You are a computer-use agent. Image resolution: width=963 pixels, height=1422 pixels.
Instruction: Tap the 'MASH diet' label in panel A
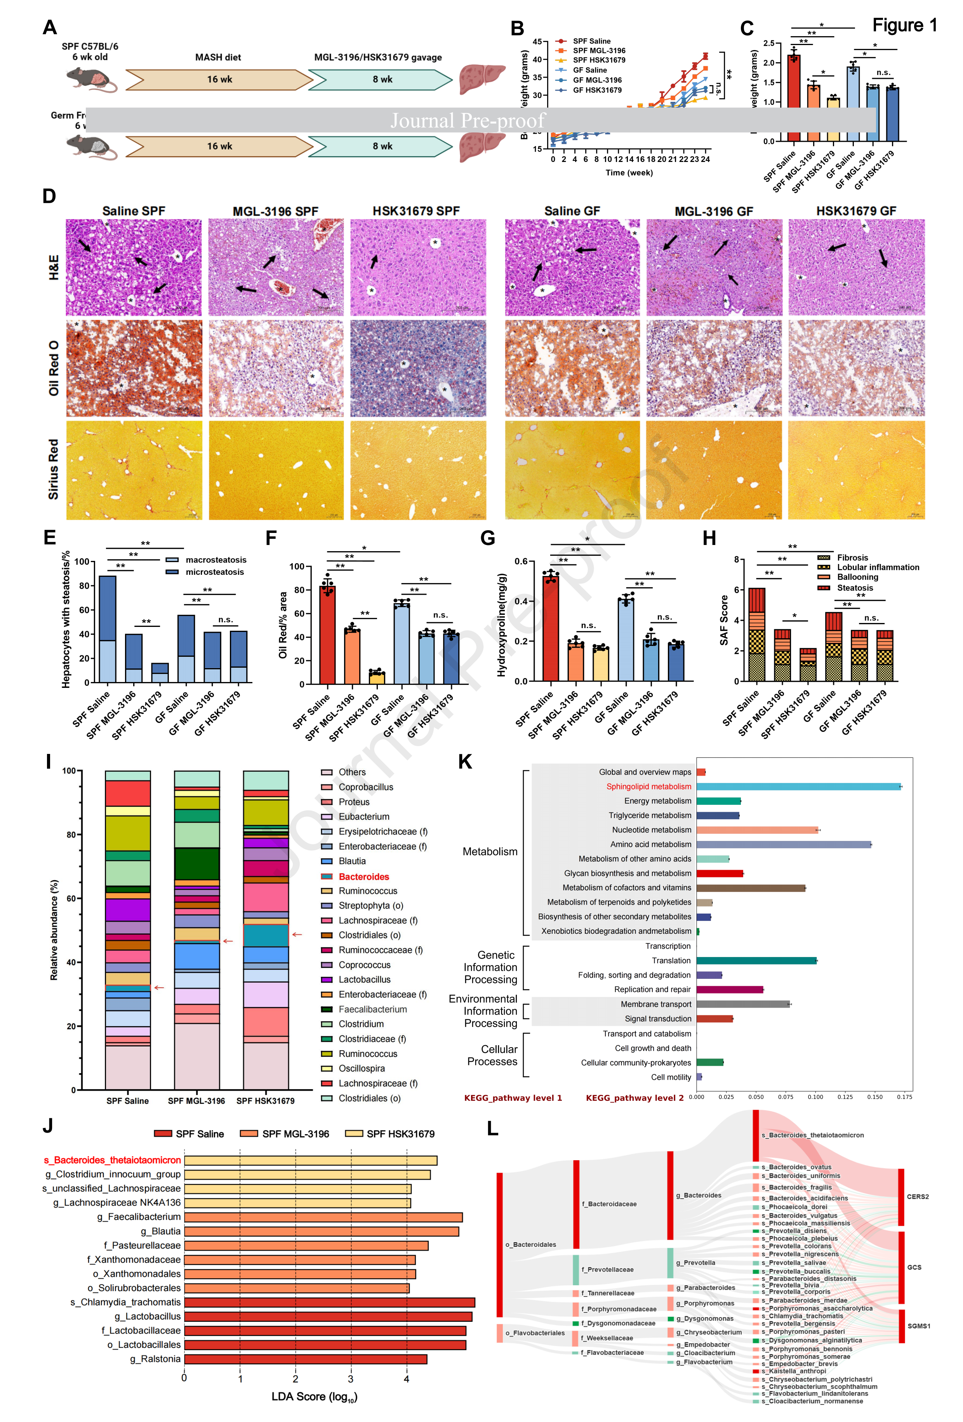pos(218,57)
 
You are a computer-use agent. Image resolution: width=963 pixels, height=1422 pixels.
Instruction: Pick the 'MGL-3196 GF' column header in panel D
pos(713,211)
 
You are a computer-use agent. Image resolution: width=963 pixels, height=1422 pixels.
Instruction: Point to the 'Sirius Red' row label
pos(54,469)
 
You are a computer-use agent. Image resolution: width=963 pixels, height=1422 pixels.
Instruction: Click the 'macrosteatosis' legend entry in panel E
pos(216,560)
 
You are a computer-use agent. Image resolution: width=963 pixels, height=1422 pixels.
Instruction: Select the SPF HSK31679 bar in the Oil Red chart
pos(377,677)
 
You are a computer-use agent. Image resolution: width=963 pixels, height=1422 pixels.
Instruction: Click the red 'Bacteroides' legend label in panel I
pos(363,876)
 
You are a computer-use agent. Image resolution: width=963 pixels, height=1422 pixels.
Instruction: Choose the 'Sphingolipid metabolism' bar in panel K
pos(798,786)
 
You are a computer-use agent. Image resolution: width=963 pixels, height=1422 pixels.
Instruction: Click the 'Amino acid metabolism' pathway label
pos(650,844)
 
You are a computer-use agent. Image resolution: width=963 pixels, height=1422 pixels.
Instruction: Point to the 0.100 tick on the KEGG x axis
pos(815,1097)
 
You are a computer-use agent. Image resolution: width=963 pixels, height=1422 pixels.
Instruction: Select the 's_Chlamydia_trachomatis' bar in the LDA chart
pos(329,1302)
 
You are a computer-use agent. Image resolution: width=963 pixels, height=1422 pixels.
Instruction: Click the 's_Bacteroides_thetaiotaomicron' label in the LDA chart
pos(112,1160)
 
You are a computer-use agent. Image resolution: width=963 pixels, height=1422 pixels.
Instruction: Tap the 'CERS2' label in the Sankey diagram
pos(917,1196)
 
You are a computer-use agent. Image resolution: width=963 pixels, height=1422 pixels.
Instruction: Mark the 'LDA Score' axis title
pos(314,1396)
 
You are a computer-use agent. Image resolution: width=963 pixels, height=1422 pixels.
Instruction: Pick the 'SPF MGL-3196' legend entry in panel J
pos(295,1134)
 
